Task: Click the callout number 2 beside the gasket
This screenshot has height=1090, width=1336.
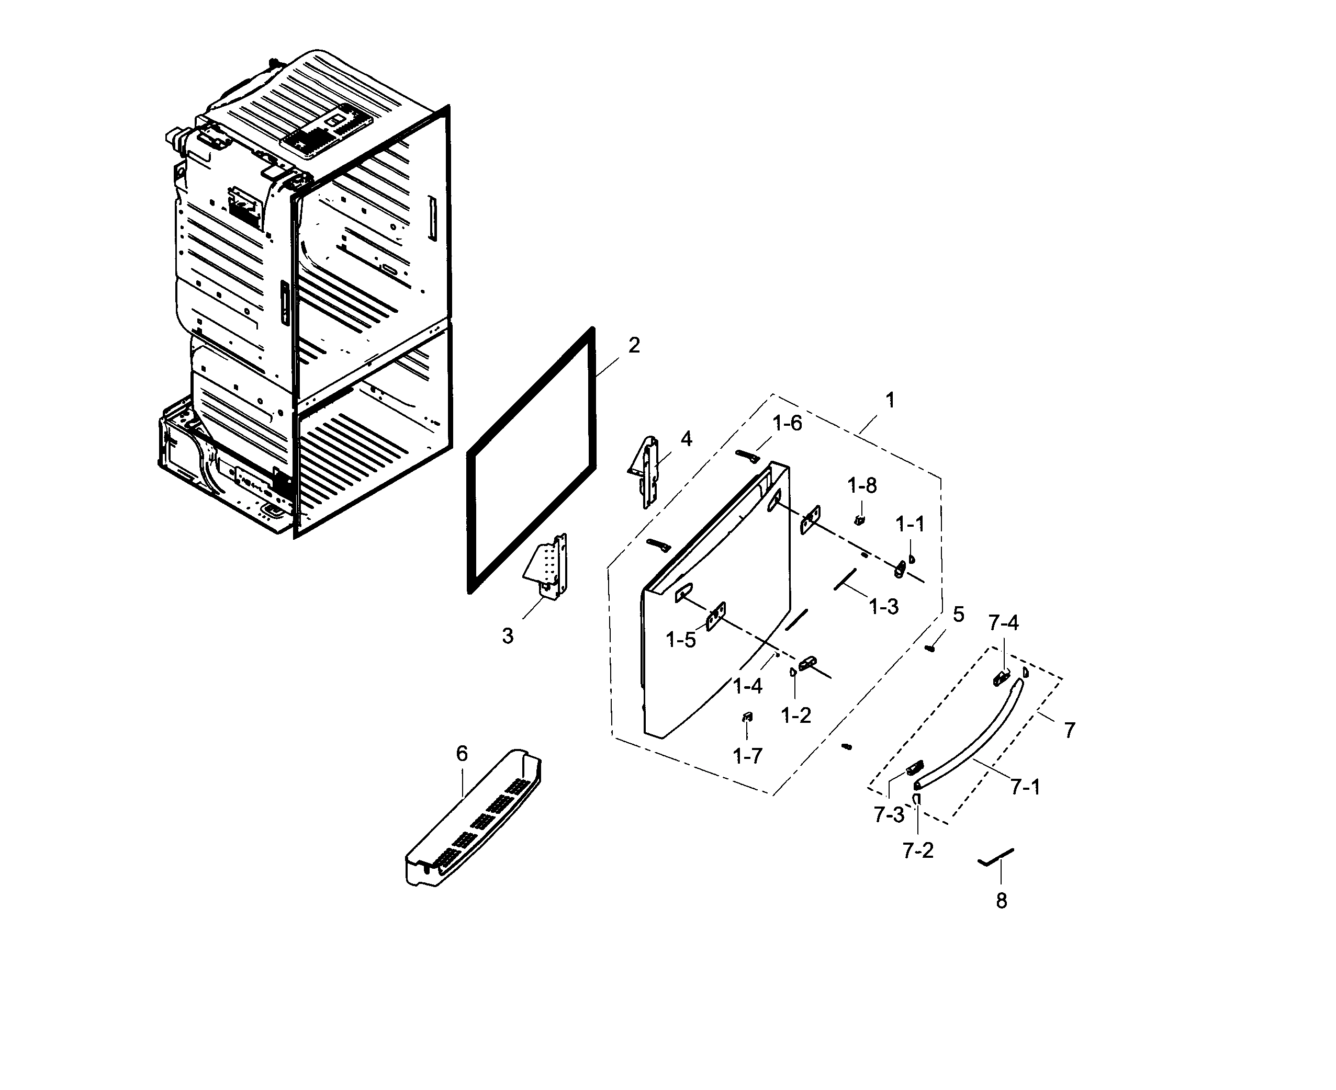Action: (x=634, y=345)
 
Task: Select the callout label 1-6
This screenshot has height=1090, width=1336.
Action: (x=787, y=423)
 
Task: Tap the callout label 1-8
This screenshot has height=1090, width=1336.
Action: (x=862, y=485)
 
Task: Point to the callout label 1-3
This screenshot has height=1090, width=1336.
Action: (x=884, y=607)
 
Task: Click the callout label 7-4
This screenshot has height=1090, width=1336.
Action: (x=1003, y=622)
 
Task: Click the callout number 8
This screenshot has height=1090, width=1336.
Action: (x=1001, y=901)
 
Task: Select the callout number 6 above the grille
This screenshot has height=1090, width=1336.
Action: (x=462, y=754)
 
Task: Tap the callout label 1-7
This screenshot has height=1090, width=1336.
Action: (x=747, y=756)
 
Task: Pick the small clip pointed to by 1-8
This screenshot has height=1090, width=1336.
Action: (x=859, y=519)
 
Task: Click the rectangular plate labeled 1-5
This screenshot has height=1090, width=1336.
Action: (x=715, y=616)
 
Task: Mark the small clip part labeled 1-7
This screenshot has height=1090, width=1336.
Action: (x=747, y=717)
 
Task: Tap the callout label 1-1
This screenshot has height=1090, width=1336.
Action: (x=910, y=524)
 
